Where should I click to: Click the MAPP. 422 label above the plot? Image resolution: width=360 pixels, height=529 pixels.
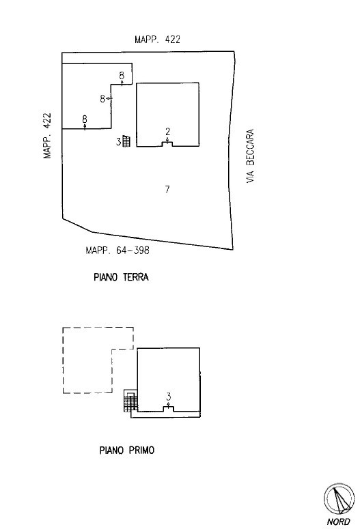[157, 40]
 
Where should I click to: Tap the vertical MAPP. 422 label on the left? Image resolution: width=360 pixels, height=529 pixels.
[47, 135]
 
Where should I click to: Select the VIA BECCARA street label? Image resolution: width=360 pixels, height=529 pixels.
[250, 156]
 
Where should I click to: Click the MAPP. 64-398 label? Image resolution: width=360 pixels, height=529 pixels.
[117, 251]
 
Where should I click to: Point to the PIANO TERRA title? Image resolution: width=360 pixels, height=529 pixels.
[121, 277]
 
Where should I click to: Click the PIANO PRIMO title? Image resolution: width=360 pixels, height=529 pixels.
[127, 450]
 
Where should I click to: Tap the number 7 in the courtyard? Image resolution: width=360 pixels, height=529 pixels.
[167, 189]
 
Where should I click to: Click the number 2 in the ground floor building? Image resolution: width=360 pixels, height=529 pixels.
[168, 131]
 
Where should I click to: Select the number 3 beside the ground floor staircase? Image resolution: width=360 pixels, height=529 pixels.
[119, 142]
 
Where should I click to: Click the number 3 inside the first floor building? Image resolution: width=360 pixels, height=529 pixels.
[169, 397]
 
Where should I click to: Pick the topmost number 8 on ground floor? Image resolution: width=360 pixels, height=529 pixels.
[122, 75]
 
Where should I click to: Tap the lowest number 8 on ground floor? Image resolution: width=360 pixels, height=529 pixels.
[85, 119]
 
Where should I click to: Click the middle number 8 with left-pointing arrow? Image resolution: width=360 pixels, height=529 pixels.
[102, 99]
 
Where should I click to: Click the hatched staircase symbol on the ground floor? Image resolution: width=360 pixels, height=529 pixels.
[126, 141]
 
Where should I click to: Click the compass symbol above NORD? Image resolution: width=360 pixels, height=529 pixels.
[339, 499]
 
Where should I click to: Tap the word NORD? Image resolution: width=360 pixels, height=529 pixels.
[338, 522]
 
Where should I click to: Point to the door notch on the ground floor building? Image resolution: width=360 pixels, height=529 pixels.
[167, 144]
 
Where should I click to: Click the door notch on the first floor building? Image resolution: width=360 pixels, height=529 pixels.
[169, 409]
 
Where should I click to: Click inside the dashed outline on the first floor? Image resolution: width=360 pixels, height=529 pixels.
[88, 361]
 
